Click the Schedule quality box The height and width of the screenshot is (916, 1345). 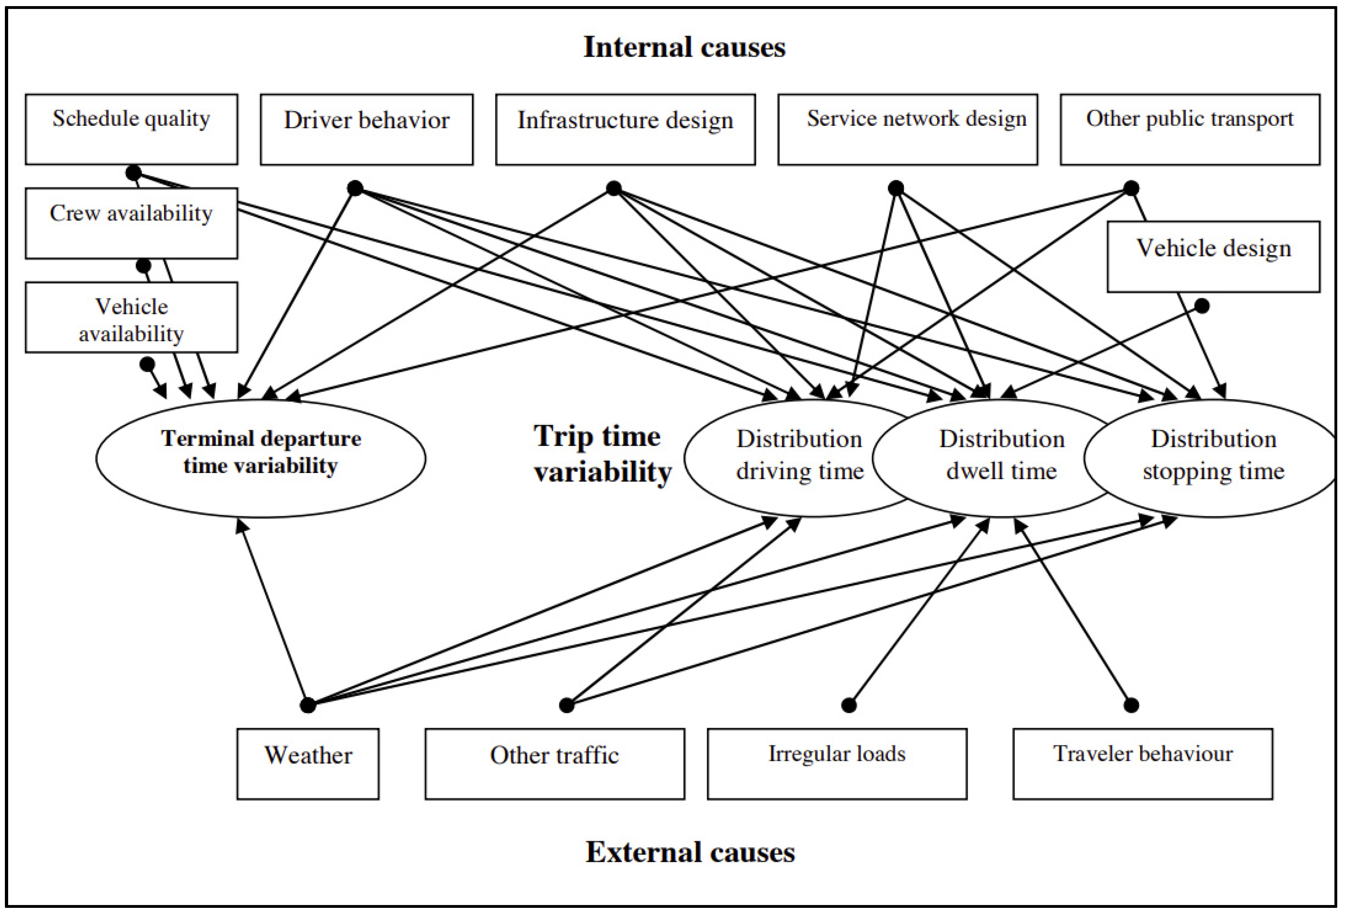coord(131,129)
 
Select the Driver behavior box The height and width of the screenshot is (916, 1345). coord(366,129)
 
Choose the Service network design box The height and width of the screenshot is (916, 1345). coord(907,129)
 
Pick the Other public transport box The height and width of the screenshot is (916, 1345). coord(1190,129)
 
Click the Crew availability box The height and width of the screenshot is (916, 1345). coord(131,223)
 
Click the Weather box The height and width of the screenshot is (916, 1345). coord(308,763)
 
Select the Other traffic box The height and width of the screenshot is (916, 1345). coord(554,763)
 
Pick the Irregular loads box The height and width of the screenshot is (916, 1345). coord(837,763)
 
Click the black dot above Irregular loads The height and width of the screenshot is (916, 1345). coord(848,705)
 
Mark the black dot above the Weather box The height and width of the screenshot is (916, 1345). coord(308,705)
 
